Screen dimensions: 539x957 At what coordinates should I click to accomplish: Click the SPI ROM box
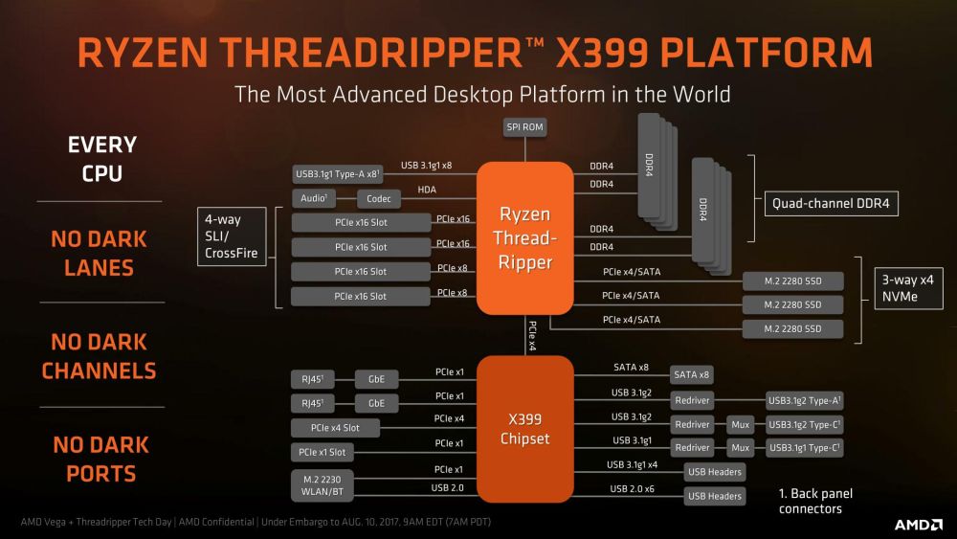[524, 128]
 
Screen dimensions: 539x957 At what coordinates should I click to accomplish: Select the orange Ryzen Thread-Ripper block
[524, 237]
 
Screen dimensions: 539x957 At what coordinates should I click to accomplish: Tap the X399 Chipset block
[524, 429]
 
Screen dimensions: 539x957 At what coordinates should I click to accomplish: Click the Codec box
[378, 198]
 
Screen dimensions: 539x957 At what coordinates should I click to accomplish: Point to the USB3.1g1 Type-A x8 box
[339, 174]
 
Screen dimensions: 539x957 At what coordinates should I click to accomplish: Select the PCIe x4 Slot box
[336, 427]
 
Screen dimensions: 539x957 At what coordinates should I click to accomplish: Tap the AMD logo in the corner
[916, 525]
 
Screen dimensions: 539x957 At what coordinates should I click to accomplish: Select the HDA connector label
[427, 191]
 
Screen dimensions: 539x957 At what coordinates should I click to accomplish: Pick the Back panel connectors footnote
[814, 501]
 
